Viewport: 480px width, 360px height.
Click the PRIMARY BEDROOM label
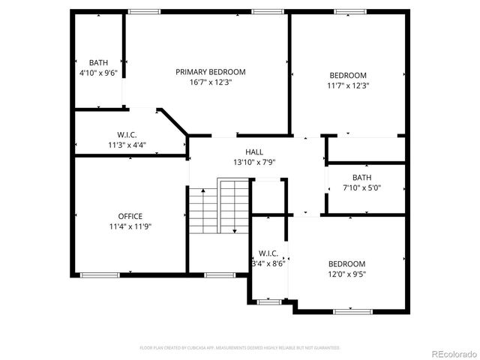[211, 72]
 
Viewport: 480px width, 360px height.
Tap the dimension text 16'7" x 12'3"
[211, 82]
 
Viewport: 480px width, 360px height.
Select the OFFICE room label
[130, 216]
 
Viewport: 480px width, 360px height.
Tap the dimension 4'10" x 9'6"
[99, 73]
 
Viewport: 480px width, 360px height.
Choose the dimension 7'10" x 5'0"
[362, 187]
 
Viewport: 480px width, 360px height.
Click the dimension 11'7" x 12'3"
[348, 85]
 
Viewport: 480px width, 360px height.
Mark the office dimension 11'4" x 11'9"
[130, 226]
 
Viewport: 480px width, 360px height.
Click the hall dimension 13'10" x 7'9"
[244, 162]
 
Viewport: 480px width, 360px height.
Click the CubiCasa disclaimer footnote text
[240, 348]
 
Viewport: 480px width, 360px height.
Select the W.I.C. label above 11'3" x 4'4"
[127, 135]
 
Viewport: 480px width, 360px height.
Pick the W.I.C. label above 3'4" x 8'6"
[268, 253]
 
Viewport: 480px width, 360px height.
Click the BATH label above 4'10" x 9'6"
[99, 63]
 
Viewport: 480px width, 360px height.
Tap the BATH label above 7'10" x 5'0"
[362, 178]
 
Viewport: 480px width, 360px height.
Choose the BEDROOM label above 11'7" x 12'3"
[348, 75]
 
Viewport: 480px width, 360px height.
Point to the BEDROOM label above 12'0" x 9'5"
[346, 264]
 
